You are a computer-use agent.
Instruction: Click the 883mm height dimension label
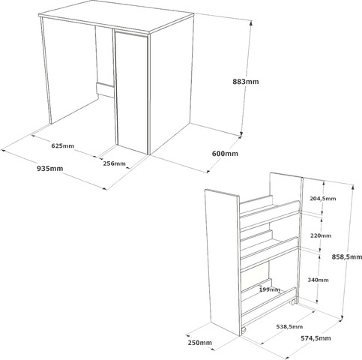click(246, 82)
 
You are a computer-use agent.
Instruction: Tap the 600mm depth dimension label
click(225, 153)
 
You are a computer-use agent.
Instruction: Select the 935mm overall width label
click(50, 169)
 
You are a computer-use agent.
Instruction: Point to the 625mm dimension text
click(63, 145)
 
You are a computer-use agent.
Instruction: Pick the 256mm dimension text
click(114, 163)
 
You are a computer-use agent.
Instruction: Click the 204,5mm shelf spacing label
click(323, 199)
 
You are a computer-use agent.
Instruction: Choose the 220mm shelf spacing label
click(321, 235)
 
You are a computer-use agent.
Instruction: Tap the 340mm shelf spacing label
click(318, 280)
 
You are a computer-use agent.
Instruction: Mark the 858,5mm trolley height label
click(347, 256)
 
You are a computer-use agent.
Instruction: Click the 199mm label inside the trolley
click(270, 289)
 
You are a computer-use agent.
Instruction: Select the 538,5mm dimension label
click(289, 326)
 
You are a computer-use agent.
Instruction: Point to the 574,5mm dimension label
click(316, 338)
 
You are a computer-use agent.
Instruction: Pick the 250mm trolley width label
click(199, 343)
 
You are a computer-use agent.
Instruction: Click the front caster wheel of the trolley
click(244, 331)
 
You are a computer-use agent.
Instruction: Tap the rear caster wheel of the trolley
click(293, 301)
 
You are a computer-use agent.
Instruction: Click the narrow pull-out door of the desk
click(132, 91)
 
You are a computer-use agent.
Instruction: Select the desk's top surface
click(116, 16)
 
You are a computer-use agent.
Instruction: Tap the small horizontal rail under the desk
click(105, 90)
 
